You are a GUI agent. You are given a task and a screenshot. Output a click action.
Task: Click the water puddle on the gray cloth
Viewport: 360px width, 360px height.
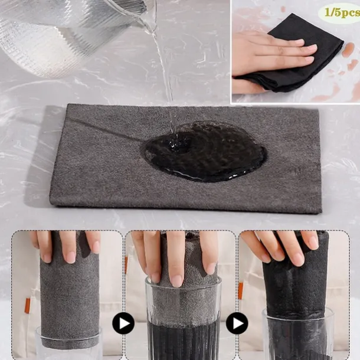pos(204,151)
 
